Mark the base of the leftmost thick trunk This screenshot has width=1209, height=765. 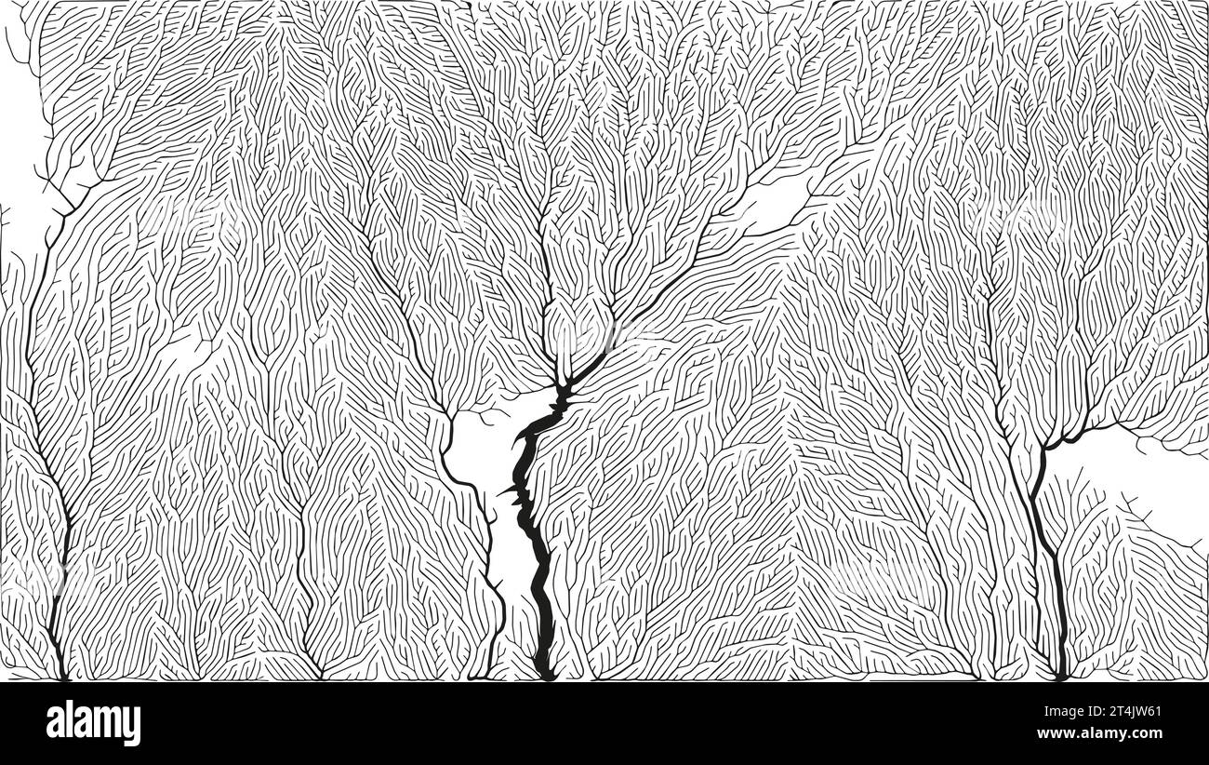tap(61, 672)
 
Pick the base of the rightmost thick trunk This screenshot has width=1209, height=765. tap(1060, 672)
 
